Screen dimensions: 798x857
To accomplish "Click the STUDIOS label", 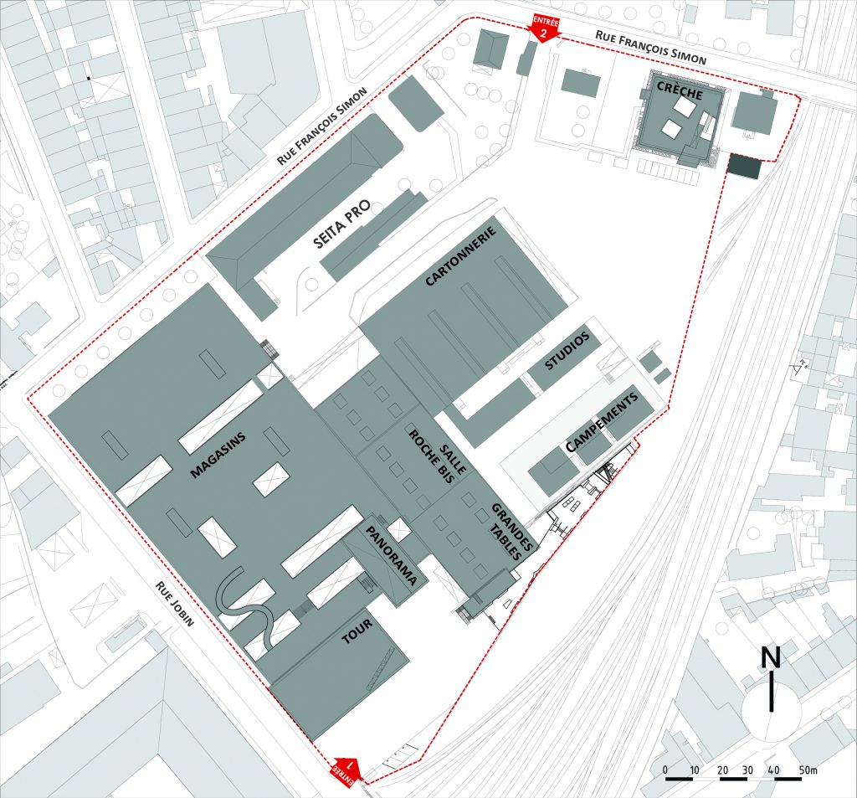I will click(567, 352).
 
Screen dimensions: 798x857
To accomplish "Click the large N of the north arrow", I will click(771, 657).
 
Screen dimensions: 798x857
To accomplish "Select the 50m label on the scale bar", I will click(807, 769).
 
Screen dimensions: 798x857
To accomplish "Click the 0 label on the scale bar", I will click(665, 769).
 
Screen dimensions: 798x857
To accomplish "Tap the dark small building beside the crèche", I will click(744, 166).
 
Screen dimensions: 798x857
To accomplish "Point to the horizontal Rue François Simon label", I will click(651, 49).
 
